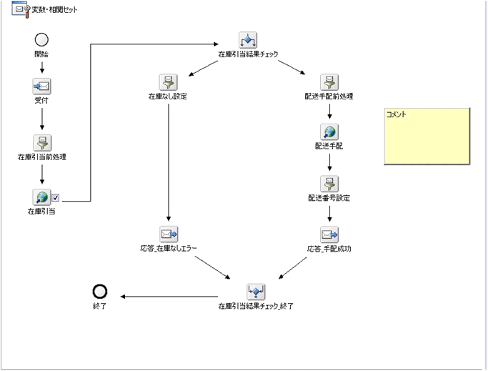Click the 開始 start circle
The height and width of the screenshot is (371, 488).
point(42,40)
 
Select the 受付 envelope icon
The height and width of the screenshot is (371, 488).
point(42,86)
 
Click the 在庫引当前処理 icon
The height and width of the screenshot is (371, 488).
point(42,142)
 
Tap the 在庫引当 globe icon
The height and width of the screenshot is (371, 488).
point(42,197)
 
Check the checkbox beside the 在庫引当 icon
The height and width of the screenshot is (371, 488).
point(56,198)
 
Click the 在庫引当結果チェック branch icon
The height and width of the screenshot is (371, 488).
point(247,40)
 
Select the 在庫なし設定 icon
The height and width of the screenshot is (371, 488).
point(168,81)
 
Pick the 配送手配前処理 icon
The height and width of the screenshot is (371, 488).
point(329,81)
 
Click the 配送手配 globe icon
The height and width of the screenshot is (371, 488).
point(329,132)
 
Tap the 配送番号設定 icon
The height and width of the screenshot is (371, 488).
point(329,183)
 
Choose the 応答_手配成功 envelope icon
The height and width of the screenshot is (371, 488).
point(329,234)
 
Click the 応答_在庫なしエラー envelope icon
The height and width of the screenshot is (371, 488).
point(168,234)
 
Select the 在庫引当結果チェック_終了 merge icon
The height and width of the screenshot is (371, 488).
point(255,291)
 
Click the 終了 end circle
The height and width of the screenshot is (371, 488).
point(100,291)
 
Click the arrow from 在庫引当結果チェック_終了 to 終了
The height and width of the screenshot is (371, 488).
point(171,296)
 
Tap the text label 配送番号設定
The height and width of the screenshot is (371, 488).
point(329,197)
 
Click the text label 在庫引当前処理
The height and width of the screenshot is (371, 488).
point(42,156)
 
